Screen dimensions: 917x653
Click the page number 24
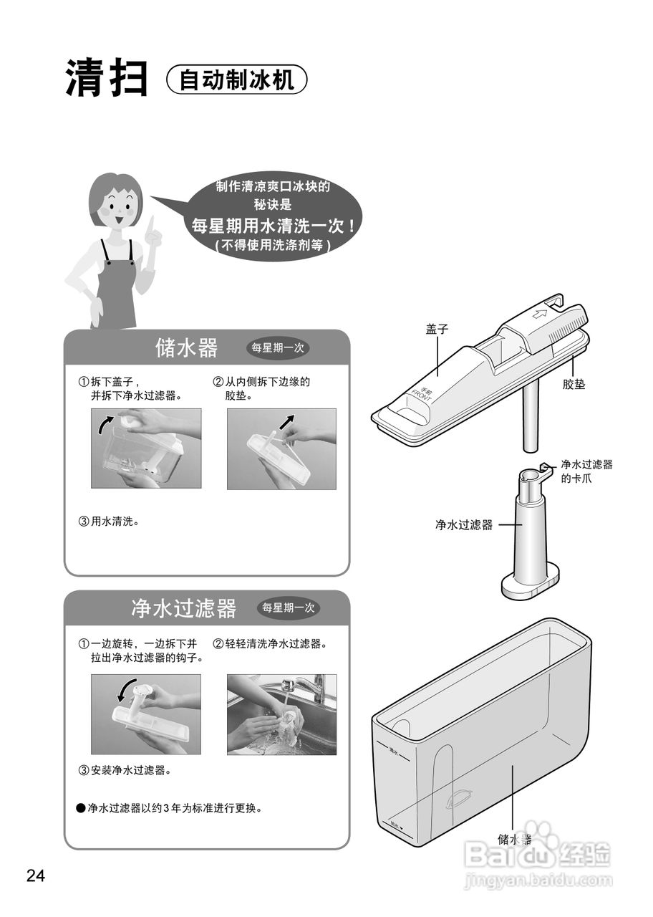pos(36,875)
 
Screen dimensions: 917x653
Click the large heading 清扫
pos(107,78)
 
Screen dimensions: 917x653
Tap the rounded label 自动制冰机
pos(236,80)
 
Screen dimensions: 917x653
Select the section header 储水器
pos(186,348)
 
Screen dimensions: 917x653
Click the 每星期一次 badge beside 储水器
pos(278,348)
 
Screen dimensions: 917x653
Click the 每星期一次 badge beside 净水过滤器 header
pos(288,608)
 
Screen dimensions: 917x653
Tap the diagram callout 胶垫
pos(574,385)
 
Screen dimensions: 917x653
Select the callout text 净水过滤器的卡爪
pos(586,471)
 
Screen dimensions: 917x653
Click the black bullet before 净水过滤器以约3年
pos(80,808)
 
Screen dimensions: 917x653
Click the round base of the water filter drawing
pos(530,585)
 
